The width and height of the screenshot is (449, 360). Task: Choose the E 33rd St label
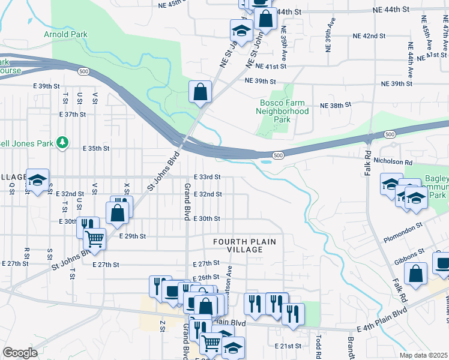tap(208, 177)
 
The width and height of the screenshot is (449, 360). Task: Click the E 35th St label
tap(96, 148)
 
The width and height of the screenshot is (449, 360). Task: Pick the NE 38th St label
tap(336, 105)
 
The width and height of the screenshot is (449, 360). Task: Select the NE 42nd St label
tap(369, 36)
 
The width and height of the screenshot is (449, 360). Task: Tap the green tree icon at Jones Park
tap(61, 142)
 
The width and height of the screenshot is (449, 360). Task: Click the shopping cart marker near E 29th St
tap(94, 239)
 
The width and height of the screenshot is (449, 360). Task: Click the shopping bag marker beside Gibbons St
tap(416, 274)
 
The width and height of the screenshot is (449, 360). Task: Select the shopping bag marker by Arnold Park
tap(200, 92)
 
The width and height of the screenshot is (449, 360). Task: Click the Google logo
tap(20, 353)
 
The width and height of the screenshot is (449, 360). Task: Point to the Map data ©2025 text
tap(423, 355)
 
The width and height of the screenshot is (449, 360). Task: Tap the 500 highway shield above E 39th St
tap(84, 71)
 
